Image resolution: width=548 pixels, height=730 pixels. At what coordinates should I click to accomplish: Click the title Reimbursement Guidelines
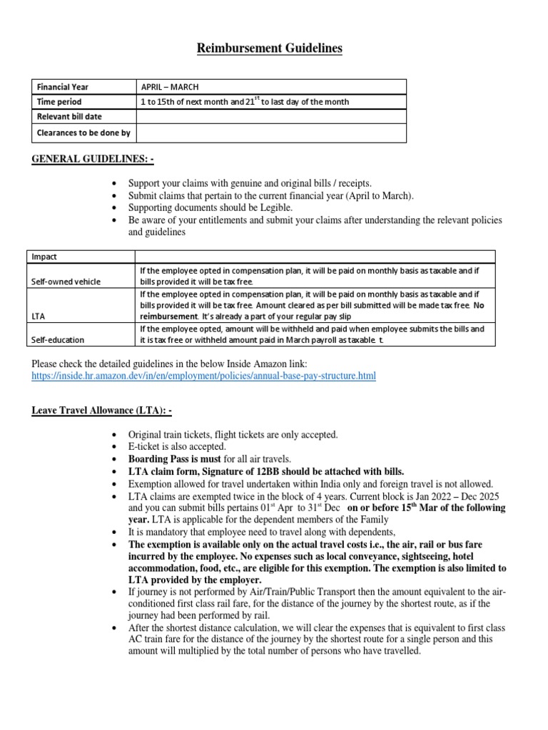tap(270, 48)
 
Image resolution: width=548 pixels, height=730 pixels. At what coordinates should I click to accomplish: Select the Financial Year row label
tap(64, 87)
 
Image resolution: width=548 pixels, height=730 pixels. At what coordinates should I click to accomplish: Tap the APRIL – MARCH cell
tap(170, 87)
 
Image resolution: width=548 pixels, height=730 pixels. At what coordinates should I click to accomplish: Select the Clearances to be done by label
tap(83, 133)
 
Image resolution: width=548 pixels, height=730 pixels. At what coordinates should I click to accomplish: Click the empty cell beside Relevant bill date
tap(270, 117)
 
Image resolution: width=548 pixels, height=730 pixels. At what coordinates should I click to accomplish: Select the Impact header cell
tap(44, 257)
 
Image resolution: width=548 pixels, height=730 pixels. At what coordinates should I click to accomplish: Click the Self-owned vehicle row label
tap(65, 282)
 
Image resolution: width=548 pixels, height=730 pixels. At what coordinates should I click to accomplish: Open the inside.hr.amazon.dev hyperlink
tap(203, 376)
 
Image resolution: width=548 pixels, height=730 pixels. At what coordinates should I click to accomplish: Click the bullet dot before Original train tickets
tap(115, 435)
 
